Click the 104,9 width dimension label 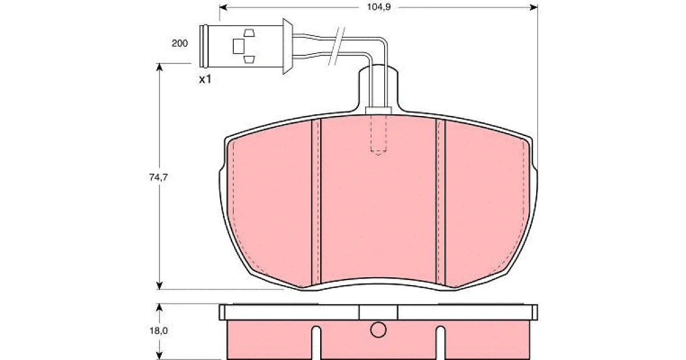click(379, 7)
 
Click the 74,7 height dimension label click(158, 177)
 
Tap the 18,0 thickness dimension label click(159, 331)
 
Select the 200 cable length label click(180, 43)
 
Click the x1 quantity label click(205, 79)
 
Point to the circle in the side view click(378, 330)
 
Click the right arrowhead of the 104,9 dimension click(533, 7)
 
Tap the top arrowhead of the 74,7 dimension click(159, 67)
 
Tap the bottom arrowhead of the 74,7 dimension click(159, 285)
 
